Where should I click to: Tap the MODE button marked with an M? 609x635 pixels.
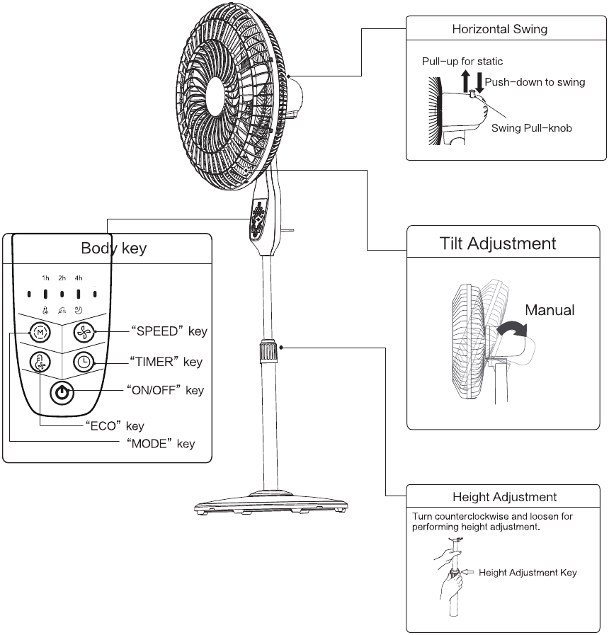tap(40, 333)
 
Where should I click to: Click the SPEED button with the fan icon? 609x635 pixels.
tap(84, 332)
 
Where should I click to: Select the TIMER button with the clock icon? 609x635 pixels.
tap(84, 362)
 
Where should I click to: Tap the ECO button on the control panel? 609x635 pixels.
tap(40, 362)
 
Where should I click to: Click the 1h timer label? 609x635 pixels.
tap(45, 278)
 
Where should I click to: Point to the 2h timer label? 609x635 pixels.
tap(62, 278)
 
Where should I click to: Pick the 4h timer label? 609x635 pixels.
tap(79, 278)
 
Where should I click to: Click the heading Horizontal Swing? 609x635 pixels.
tap(500, 29)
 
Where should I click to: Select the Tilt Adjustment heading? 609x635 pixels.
tap(498, 244)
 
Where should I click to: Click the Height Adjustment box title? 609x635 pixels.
tap(504, 497)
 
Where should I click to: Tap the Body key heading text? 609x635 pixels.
tap(114, 248)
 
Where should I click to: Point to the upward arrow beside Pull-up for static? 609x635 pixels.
tap(466, 81)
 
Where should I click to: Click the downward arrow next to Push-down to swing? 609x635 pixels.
tap(479, 83)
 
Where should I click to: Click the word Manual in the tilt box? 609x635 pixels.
tap(550, 310)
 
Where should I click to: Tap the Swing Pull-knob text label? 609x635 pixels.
tap(532, 128)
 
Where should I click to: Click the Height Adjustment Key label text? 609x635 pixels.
tap(528, 573)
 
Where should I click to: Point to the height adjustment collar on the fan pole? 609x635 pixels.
tap(268, 350)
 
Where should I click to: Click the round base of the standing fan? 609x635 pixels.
tap(271, 503)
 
